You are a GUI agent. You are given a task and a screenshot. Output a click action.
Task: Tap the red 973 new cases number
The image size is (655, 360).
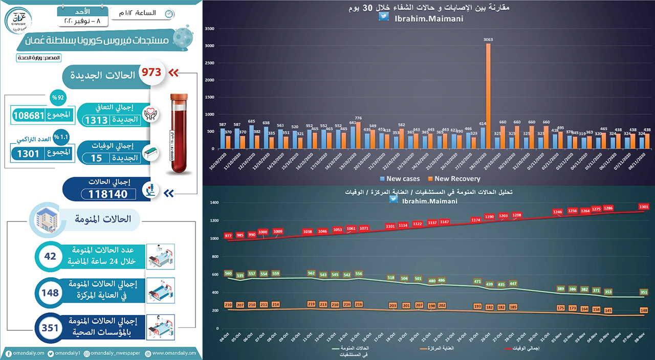[x=151, y=73]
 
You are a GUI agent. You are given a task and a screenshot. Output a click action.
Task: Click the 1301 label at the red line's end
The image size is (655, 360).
[x=644, y=207]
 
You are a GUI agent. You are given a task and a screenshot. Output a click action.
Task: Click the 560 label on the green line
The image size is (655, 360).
[x=228, y=273]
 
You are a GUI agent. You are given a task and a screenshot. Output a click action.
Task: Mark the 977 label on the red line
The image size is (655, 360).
[x=228, y=236]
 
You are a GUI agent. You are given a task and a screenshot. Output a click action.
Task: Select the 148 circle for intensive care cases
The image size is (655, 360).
[x=50, y=293]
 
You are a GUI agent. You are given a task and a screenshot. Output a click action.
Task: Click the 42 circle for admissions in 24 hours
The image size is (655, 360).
[x=50, y=256]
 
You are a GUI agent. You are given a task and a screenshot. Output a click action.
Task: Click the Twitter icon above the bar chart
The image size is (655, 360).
[x=384, y=17]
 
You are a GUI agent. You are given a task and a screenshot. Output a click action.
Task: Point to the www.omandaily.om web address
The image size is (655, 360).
[x=174, y=353]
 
